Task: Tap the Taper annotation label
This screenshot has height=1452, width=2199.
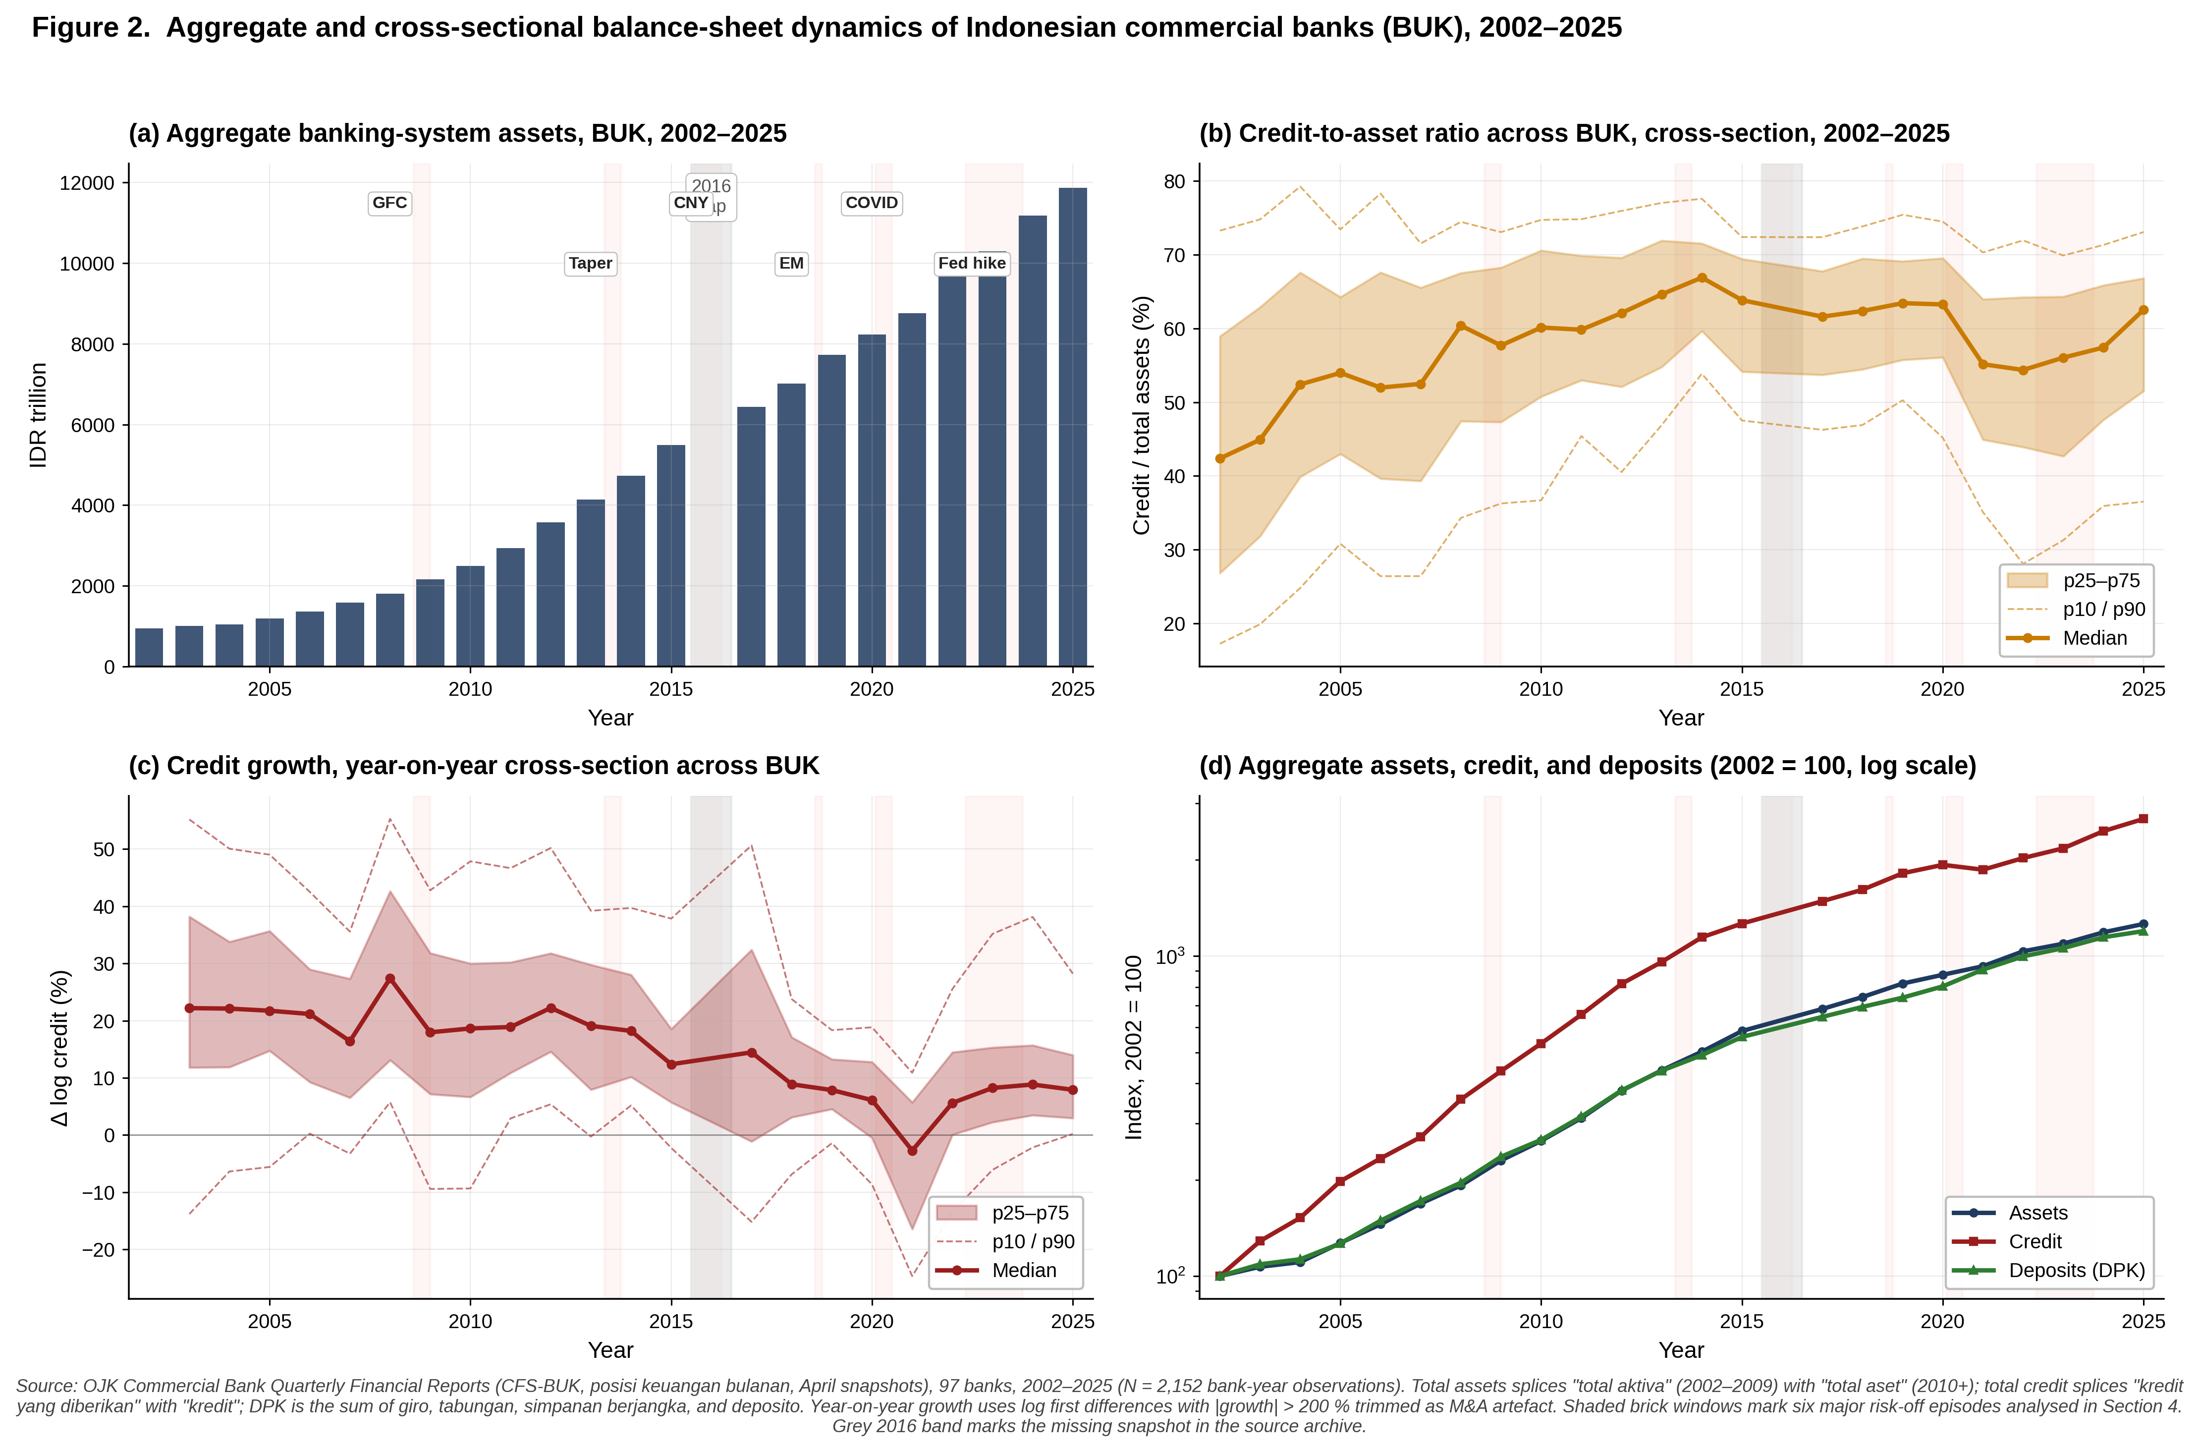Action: (x=591, y=263)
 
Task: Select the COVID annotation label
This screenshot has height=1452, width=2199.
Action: (x=871, y=203)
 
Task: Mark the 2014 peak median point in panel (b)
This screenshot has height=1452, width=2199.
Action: (x=1702, y=278)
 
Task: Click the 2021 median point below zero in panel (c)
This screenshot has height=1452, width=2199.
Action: (x=912, y=1151)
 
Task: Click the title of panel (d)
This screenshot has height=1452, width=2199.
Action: (x=1587, y=766)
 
